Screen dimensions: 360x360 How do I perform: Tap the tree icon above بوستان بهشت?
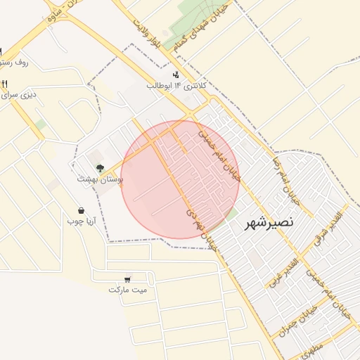click(100, 168)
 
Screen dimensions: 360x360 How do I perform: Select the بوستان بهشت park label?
click(101, 180)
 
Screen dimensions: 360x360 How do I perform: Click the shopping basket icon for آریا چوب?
click(82, 210)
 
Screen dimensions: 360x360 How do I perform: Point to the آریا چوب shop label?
click(81, 221)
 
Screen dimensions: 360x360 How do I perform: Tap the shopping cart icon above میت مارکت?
click(127, 279)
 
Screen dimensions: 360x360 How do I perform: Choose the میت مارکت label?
click(128, 290)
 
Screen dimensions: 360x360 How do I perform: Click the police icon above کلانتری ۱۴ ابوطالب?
click(175, 75)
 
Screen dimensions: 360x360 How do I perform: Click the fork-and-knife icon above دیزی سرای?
click(5, 83)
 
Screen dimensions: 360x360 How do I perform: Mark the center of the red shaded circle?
click(181, 179)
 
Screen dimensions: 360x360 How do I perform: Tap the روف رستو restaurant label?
click(15, 63)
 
